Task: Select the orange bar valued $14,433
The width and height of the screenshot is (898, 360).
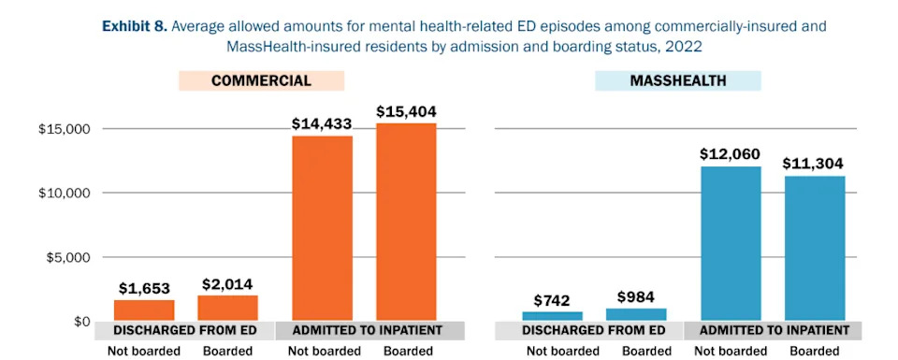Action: [x=322, y=228]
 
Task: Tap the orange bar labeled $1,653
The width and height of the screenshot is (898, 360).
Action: [x=144, y=310]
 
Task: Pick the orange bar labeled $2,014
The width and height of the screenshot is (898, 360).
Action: [x=228, y=309]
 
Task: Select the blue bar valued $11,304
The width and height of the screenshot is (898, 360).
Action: [x=814, y=249]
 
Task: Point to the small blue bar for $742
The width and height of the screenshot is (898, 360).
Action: [x=552, y=316]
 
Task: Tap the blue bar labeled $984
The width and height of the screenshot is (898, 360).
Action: [x=636, y=315]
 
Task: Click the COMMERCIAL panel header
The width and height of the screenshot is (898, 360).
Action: [x=261, y=81]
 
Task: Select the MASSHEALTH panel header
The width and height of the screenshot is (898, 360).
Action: [x=677, y=81]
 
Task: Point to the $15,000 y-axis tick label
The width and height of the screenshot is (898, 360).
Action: [x=65, y=129]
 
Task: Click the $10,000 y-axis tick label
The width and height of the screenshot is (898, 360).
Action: [x=65, y=193]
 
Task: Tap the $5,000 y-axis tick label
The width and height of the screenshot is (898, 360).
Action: [x=68, y=257]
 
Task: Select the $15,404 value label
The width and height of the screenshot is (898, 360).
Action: [x=406, y=111]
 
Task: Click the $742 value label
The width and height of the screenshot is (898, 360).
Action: [x=552, y=300]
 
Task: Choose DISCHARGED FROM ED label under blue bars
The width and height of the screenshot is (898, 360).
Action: [x=593, y=331]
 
